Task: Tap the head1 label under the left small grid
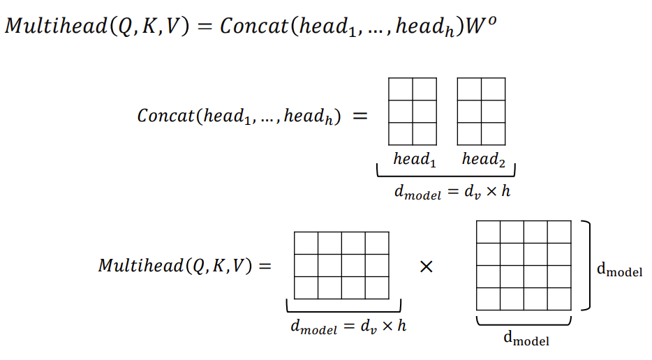point(415,159)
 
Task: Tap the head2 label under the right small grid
point(483,159)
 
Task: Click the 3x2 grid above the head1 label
point(412,111)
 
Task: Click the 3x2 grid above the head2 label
point(481,111)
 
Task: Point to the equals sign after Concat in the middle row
point(360,116)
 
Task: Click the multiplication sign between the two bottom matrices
point(426,266)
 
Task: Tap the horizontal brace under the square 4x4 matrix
point(524,322)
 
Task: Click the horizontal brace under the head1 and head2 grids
point(446,172)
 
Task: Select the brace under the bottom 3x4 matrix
point(343,308)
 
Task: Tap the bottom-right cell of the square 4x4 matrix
point(559,299)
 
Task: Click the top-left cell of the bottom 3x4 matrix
point(306,243)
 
